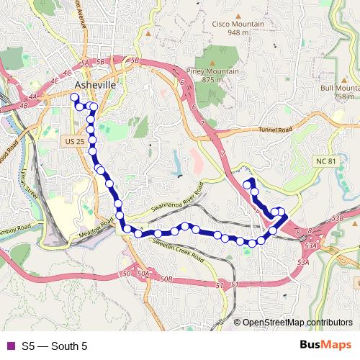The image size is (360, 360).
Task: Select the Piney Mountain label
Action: click(x=219, y=72)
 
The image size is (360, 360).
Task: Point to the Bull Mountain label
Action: click(x=339, y=88)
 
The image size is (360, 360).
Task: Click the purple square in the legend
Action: click(x=9, y=346)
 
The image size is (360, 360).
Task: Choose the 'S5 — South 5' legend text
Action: click(x=54, y=346)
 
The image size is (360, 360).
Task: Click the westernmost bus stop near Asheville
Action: click(x=74, y=97)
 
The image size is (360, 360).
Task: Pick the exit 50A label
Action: click(x=143, y=274)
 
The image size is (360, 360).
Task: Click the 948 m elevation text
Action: click(x=238, y=32)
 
